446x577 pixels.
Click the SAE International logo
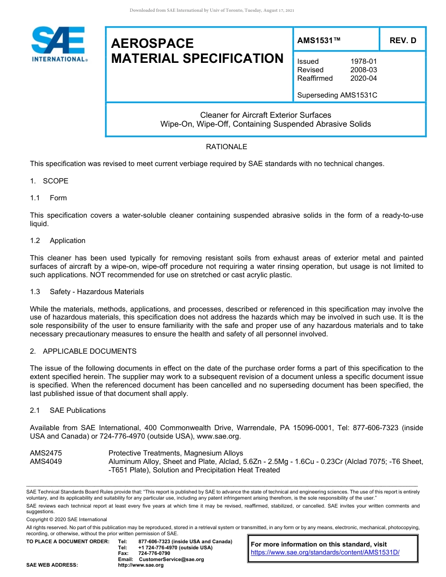59,44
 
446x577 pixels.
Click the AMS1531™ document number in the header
318,41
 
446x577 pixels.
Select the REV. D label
402,41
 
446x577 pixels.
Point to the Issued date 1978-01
363,61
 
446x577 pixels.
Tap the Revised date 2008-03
363,70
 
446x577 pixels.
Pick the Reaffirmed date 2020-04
363,78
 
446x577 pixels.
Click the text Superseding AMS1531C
337,95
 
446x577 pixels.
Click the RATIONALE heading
226,147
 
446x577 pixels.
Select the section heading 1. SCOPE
49,181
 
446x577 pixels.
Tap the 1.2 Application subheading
58,241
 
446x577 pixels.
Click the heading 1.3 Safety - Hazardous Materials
87,292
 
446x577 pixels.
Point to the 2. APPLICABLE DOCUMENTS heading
83,351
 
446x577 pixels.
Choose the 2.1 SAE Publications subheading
68,410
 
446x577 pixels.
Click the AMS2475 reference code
46,453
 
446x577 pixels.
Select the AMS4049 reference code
46,462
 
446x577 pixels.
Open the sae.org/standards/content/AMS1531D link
325,552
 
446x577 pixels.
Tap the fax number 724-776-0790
154,554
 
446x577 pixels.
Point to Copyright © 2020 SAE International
67,519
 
